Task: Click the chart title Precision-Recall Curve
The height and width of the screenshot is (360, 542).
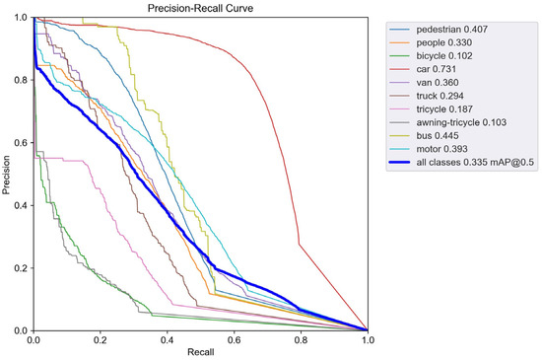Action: pos(200,9)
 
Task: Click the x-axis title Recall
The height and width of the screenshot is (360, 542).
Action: pos(200,352)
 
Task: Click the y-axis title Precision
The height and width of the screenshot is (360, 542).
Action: pos(8,175)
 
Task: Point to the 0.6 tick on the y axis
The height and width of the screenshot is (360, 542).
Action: pos(24,143)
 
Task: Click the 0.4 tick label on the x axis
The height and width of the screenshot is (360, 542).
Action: pos(168,340)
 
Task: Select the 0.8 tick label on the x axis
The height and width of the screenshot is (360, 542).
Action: pos(301,340)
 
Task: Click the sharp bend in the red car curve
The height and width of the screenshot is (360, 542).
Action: pos(300,244)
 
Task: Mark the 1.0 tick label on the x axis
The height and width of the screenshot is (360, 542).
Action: pos(368,340)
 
